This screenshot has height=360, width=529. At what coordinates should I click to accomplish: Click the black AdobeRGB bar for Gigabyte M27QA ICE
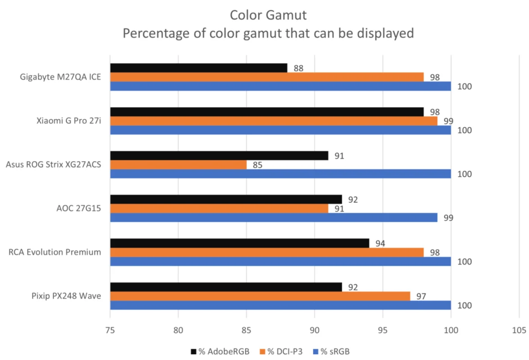[199, 68]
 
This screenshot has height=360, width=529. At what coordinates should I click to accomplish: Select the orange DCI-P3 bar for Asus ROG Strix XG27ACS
[178, 165]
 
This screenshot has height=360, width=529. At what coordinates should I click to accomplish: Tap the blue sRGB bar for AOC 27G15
[274, 217]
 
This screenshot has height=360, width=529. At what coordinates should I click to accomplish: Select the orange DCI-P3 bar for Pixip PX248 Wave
[260, 296]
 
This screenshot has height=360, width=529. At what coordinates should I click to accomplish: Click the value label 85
[257, 165]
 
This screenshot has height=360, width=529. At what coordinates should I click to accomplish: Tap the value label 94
[380, 244]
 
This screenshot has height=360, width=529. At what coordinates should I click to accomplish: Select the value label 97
[421, 297]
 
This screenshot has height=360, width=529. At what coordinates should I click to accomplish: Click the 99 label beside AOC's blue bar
[448, 218]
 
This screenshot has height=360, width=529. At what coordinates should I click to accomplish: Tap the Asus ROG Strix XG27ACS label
[53, 165]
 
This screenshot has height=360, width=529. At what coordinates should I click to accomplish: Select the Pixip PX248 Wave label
[66, 296]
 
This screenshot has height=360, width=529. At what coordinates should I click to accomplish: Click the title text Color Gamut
[268, 15]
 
